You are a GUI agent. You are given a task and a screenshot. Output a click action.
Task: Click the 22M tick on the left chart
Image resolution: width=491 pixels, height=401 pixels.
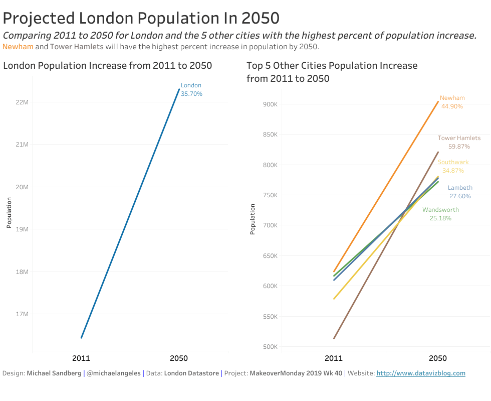23,102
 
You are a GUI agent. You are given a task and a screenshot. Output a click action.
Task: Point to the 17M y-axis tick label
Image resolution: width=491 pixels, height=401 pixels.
23,314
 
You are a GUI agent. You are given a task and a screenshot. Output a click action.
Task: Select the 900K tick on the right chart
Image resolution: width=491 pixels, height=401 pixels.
270,104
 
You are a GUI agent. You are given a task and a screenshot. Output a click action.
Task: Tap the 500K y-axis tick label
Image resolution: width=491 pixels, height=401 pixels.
270,347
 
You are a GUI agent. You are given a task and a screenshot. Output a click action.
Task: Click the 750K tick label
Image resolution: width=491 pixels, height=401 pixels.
270,195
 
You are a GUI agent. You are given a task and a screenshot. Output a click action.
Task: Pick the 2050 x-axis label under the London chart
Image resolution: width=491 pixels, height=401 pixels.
179,358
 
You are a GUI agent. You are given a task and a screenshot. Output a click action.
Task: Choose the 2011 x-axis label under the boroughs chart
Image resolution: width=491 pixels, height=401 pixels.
334,358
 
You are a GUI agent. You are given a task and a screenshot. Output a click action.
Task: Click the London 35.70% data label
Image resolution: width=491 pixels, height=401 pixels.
191,90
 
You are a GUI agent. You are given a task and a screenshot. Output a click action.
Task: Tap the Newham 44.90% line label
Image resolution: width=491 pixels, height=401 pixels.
452,102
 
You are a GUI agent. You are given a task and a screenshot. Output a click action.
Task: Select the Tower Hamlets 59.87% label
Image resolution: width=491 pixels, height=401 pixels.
459,142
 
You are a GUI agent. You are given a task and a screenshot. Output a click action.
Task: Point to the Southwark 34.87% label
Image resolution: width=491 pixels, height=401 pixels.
453,166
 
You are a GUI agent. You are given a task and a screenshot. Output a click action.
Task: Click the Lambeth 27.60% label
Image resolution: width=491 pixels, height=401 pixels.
460,192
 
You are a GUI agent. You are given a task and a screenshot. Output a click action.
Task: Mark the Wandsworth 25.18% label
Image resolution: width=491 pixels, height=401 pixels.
440,214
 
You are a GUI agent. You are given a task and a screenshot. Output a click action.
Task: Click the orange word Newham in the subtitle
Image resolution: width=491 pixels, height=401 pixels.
18,47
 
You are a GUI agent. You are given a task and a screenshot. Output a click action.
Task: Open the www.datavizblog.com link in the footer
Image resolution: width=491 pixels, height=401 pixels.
421,373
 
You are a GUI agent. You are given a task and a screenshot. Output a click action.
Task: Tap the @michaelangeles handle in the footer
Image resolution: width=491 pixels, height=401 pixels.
114,373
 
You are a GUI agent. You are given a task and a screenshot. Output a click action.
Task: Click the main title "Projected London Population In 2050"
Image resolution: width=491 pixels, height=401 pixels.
141,19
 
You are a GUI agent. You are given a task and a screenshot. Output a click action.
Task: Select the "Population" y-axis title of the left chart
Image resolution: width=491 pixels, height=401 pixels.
9,213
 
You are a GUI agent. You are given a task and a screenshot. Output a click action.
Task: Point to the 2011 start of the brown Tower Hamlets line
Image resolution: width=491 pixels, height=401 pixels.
334,338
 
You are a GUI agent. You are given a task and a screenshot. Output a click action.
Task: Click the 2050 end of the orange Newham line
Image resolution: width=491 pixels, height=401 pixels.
438,102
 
